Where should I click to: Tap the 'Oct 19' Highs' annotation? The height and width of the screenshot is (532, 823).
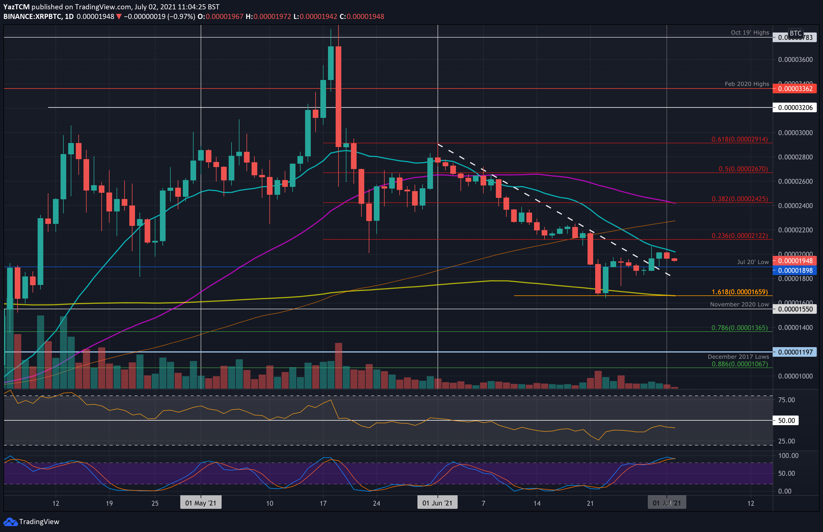pyautogui.click(x=750, y=33)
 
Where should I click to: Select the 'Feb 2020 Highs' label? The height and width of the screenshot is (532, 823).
pyautogui.click(x=747, y=84)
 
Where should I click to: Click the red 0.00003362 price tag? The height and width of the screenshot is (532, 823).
pyautogui.click(x=795, y=89)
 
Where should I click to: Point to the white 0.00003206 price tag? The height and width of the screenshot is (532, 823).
pyautogui.click(x=795, y=108)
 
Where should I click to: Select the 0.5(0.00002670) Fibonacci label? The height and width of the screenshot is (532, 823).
pyautogui.click(x=743, y=169)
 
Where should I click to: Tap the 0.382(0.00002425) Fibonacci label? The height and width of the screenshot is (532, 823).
pyautogui.click(x=739, y=199)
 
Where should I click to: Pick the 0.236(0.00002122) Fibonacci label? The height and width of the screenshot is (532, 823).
pyautogui.click(x=739, y=235)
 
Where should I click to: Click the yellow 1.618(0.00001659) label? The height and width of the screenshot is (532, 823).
pyautogui.click(x=739, y=292)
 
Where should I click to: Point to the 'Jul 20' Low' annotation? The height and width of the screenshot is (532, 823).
pyautogui.click(x=753, y=262)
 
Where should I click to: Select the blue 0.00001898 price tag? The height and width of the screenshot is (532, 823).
pyautogui.click(x=795, y=271)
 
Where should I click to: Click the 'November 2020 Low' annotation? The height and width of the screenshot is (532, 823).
pyautogui.click(x=739, y=304)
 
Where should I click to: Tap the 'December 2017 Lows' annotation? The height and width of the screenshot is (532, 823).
pyautogui.click(x=738, y=356)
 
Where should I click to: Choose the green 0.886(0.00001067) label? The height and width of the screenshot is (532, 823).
pyautogui.click(x=739, y=364)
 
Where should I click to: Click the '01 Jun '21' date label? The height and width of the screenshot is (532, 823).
pyautogui.click(x=437, y=503)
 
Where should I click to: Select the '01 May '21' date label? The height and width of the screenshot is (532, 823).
pyautogui.click(x=201, y=503)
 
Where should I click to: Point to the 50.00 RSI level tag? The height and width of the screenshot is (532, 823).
pyautogui.click(x=786, y=420)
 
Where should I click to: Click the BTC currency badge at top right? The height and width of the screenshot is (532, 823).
pyautogui.click(x=795, y=33)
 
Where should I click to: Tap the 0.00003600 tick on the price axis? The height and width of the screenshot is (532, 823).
pyautogui.click(x=795, y=60)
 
